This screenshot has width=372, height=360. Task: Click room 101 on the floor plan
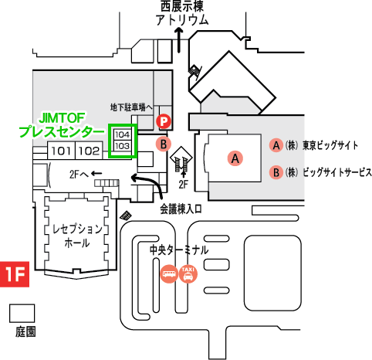click(x=61, y=151)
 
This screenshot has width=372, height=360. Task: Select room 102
click(x=89, y=151)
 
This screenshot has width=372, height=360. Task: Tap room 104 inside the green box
click(x=122, y=134)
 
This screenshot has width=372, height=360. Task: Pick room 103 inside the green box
click(x=122, y=146)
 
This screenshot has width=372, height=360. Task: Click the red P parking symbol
click(x=164, y=121)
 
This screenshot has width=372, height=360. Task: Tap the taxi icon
click(x=188, y=273)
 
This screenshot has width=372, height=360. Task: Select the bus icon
click(x=169, y=273)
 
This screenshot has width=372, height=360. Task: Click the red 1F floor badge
click(x=15, y=274)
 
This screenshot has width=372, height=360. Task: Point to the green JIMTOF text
click(x=62, y=118)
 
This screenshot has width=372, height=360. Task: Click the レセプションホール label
click(x=77, y=236)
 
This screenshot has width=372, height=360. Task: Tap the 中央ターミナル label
click(x=179, y=250)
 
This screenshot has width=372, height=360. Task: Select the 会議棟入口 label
click(x=181, y=209)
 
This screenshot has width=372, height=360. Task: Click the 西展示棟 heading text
click(x=182, y=7)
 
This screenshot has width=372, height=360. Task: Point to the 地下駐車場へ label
click(x=131, y=107)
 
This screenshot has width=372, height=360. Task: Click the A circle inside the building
click(x=235, y=158)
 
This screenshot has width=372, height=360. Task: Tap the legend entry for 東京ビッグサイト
click(x=313, y=145)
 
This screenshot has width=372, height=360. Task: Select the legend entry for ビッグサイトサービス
click(x=320, y=172)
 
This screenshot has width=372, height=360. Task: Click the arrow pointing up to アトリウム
click(x=179, y=40)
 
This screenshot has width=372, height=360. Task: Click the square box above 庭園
click(x=22, y=314)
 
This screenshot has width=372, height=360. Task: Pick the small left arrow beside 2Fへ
click(x=96, y=173)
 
